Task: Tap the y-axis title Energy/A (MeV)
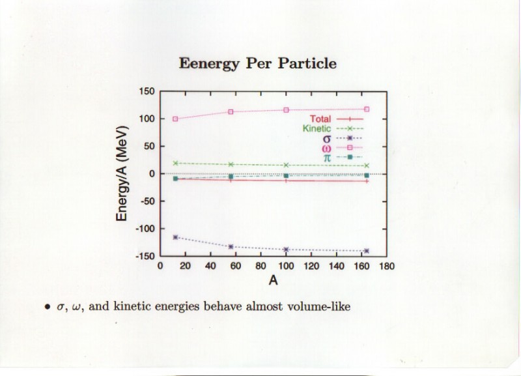pyautogui.click(x=122, y=173)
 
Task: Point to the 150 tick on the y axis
pyautogui.click(x=147, y=92)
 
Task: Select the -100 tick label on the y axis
pyautogui.click(x=145, y=229)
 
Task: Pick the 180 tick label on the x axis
pyautogui.click(x=387, y=266)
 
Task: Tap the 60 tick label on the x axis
pyautogui.click(x=236, y=266)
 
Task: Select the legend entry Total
pyautogui.click(x=320, y=119)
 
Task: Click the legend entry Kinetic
pyautogui.click(x=317, y=128)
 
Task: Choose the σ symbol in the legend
pyautogui.click(x=326, y=139)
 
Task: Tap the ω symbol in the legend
pyautogui.click(x=326, y=149)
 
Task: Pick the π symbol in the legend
pyautogui.click(x=326, y=158)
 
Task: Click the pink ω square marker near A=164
pyautogui.click(x=367, y=109)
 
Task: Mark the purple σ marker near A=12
pyautogui.click(x=175, y=237)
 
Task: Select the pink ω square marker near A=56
pyautogui.click(x=231, y=111)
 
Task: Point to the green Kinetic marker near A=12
pyautogui.click(x=175, y=163)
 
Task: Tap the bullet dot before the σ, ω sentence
pyautogui.click(x=46, y=306)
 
